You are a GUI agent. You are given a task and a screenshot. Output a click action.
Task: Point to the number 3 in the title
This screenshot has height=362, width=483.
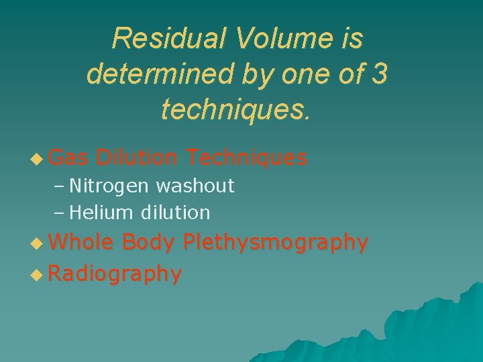click(x=378, y=73)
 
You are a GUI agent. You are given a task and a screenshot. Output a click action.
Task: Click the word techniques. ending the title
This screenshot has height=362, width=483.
click(x=236, y=108)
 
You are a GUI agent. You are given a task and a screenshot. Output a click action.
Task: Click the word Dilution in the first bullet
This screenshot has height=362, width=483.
click(x=137, y=158)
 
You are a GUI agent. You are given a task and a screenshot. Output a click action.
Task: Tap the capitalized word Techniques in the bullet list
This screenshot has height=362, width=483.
click(x=247, y=158)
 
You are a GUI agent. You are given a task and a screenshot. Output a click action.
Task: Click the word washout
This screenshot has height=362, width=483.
click(x=195, y=186)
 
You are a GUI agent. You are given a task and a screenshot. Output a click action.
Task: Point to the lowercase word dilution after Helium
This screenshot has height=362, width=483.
click(x=176, y=213)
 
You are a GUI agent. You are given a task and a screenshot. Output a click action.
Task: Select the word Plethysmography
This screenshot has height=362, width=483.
click(x=275, y=243)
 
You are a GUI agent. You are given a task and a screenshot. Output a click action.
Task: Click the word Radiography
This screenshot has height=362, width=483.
click(x=115, y=274)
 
